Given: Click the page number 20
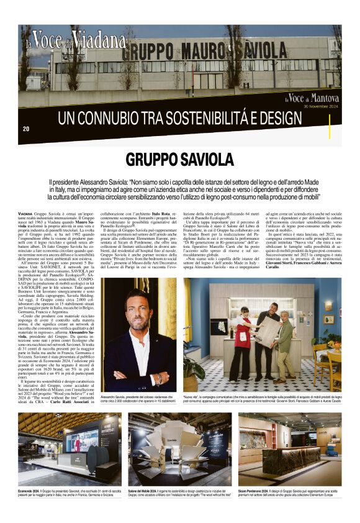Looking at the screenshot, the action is [25, 129].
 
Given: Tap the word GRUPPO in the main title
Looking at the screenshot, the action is [149, 160].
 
